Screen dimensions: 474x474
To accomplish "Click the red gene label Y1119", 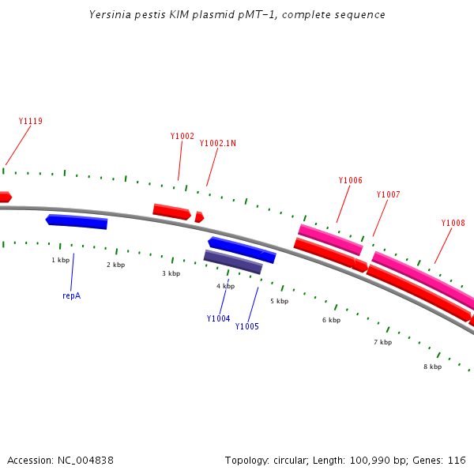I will (30, 121).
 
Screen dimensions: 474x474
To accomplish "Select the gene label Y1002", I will (182, 136).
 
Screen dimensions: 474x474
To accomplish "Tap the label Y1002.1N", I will (217, 143).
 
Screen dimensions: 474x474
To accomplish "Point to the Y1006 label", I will (350, 180).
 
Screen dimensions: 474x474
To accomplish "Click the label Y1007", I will (388, 194).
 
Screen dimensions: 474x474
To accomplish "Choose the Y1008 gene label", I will (453, 223).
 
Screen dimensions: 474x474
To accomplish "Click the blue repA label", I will (71, 295).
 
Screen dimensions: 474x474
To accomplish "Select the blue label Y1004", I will (218, 318).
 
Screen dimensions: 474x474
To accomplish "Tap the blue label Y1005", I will (246, 326).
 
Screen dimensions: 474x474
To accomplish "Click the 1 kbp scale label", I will (61, 259).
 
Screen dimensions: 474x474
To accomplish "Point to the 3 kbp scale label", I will (171, 273).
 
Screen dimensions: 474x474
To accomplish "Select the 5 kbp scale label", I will (278, 301).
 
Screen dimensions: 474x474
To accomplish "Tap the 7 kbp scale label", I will (382, 342).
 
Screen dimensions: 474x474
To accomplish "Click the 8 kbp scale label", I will (432, 367).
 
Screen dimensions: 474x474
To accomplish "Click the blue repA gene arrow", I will (77, 221).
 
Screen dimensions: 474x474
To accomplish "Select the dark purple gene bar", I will (233, 261).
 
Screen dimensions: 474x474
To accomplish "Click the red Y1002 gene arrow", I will (171, 211).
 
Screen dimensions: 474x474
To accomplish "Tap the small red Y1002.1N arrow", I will (199, 216).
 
